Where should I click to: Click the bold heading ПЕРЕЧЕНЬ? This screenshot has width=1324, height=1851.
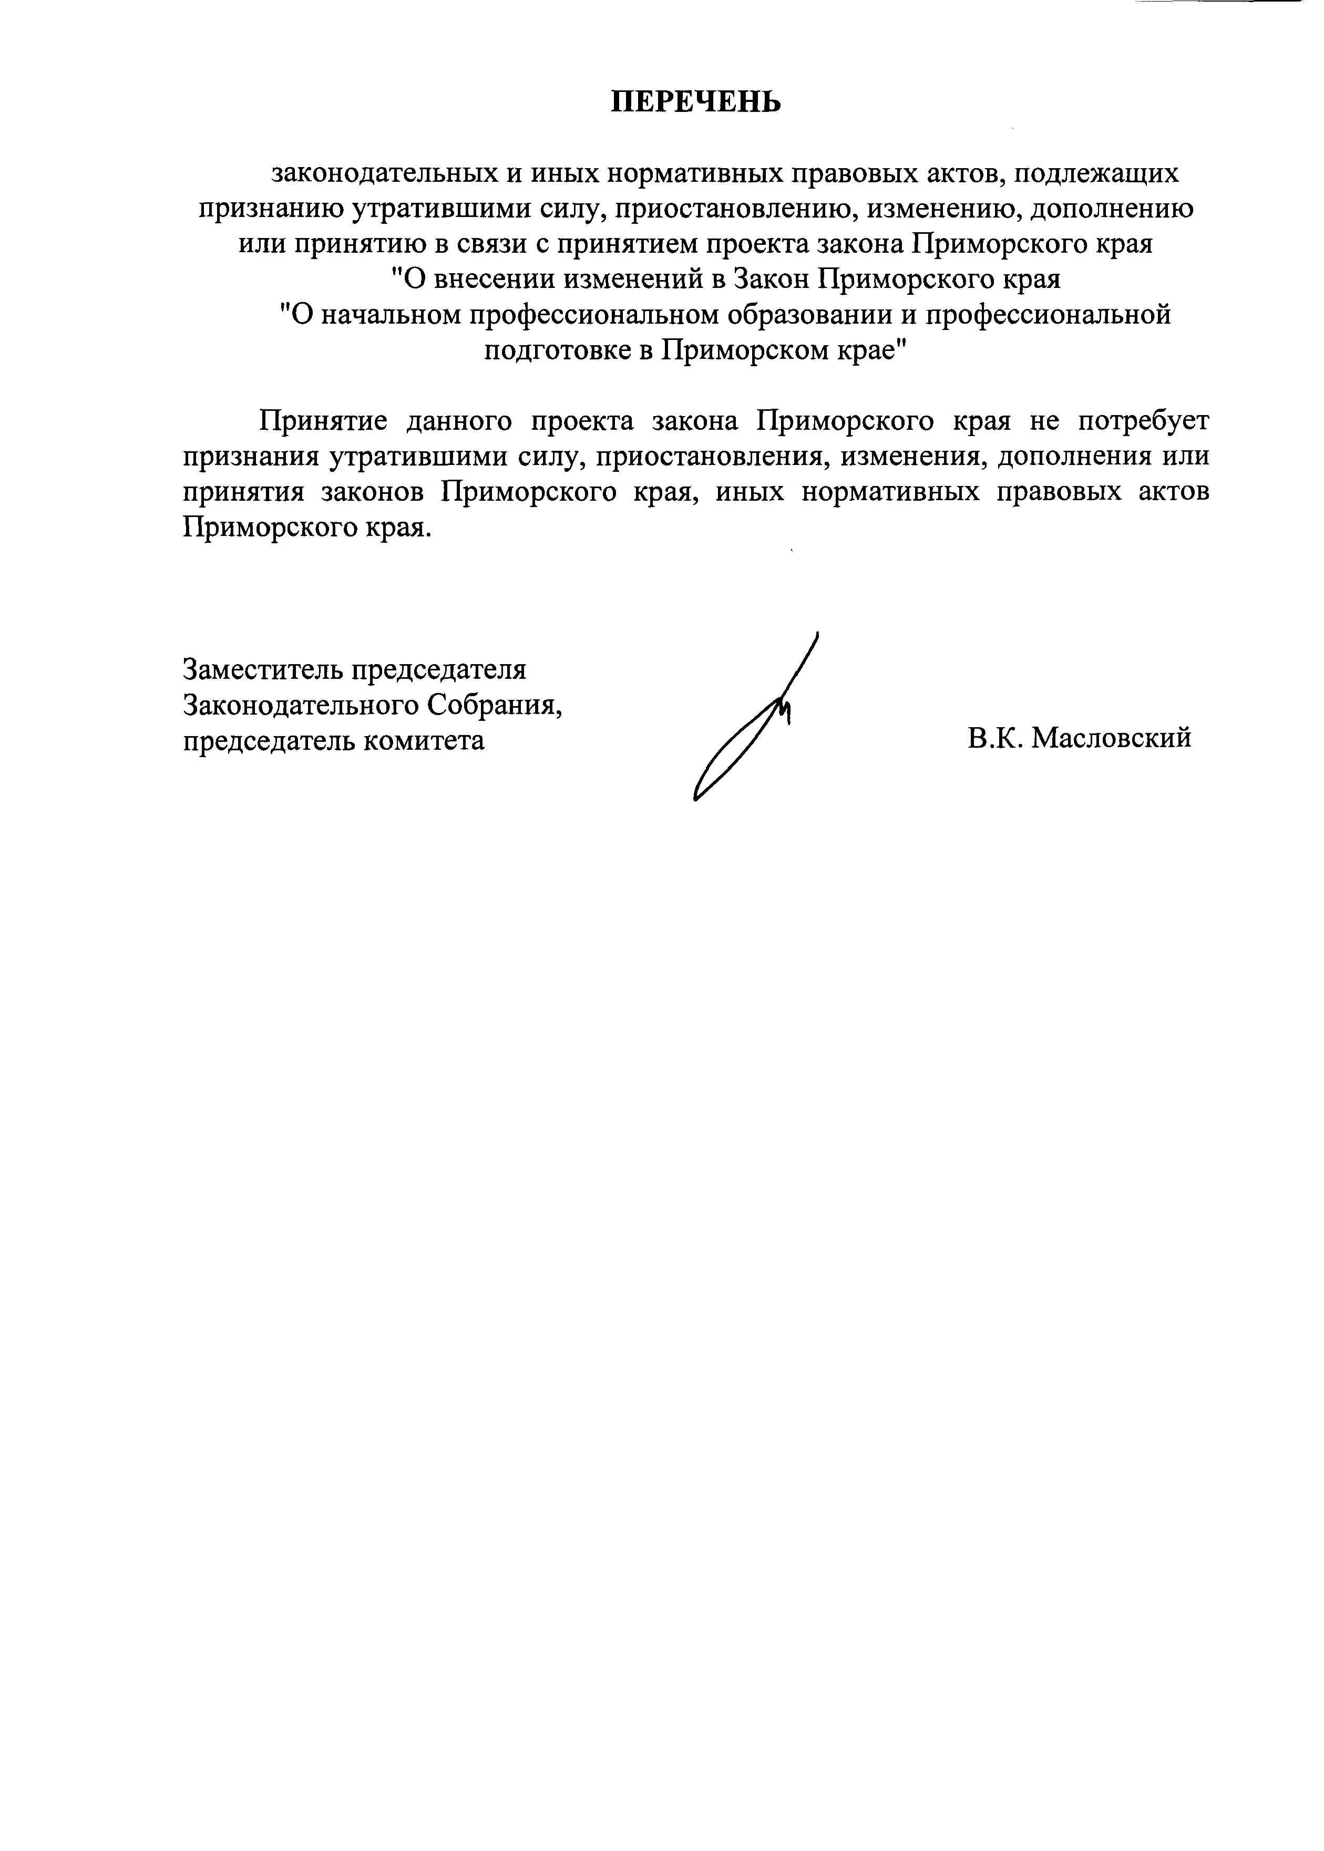696,102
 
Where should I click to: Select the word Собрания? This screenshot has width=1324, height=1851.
496,705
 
